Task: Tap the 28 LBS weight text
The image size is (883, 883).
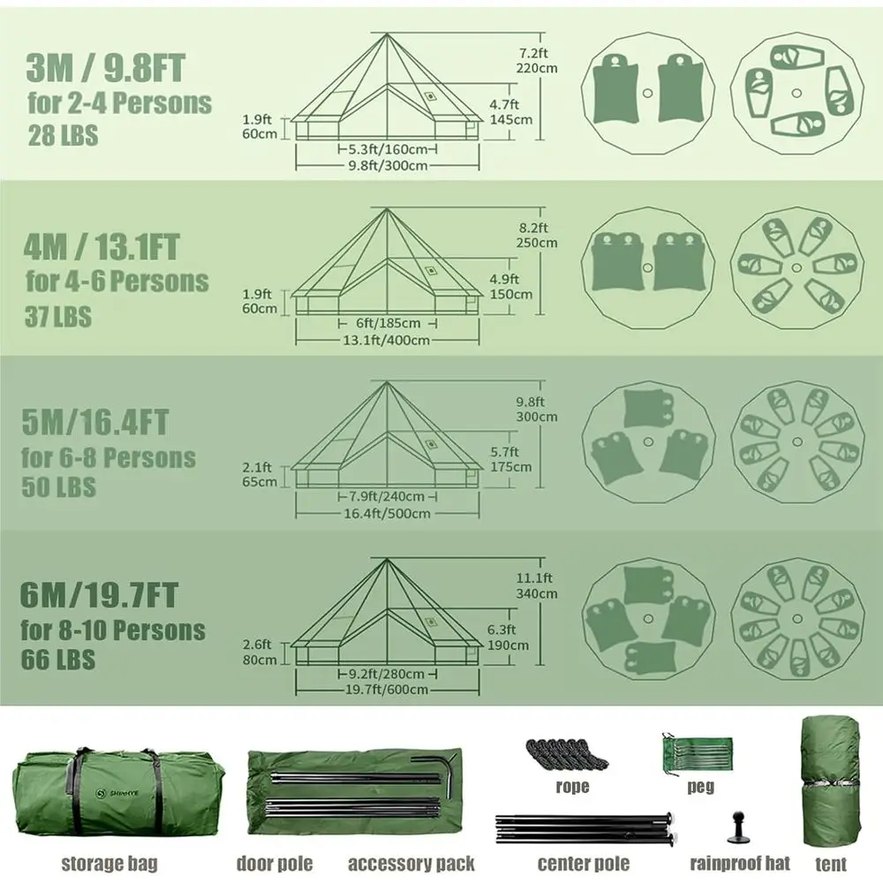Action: (x=61, y=137)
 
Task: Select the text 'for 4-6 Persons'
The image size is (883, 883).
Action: (x=117, y=282)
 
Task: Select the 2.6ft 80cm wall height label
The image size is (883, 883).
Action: (x=260, y=652)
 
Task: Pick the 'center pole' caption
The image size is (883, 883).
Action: (x=584, y=863)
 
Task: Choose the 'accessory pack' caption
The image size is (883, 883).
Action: (x=411, y=863)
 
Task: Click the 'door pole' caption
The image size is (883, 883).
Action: (x=274, y=863)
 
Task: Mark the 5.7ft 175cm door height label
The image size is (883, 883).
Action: (x=510, y=459)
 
